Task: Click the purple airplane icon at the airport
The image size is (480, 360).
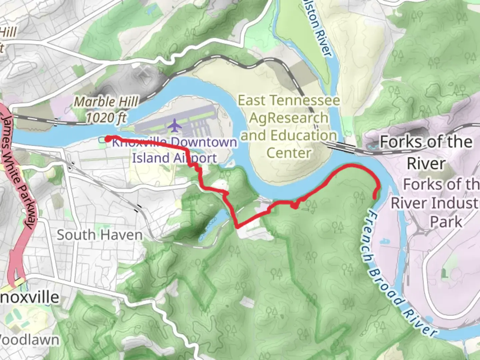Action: pos(175,126)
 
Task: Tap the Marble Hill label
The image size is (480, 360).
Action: pos(106,102)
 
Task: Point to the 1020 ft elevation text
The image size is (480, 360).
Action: pos(106,118)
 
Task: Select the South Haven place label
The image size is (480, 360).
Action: pos(99,235)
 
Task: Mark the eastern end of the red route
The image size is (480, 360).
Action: pos(375,197)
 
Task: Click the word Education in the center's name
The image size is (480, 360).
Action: pos(303,136)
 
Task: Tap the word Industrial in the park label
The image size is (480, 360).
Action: pos(435,203)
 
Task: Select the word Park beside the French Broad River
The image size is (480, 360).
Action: pos(446,222)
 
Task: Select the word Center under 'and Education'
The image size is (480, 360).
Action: pos(289,153)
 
